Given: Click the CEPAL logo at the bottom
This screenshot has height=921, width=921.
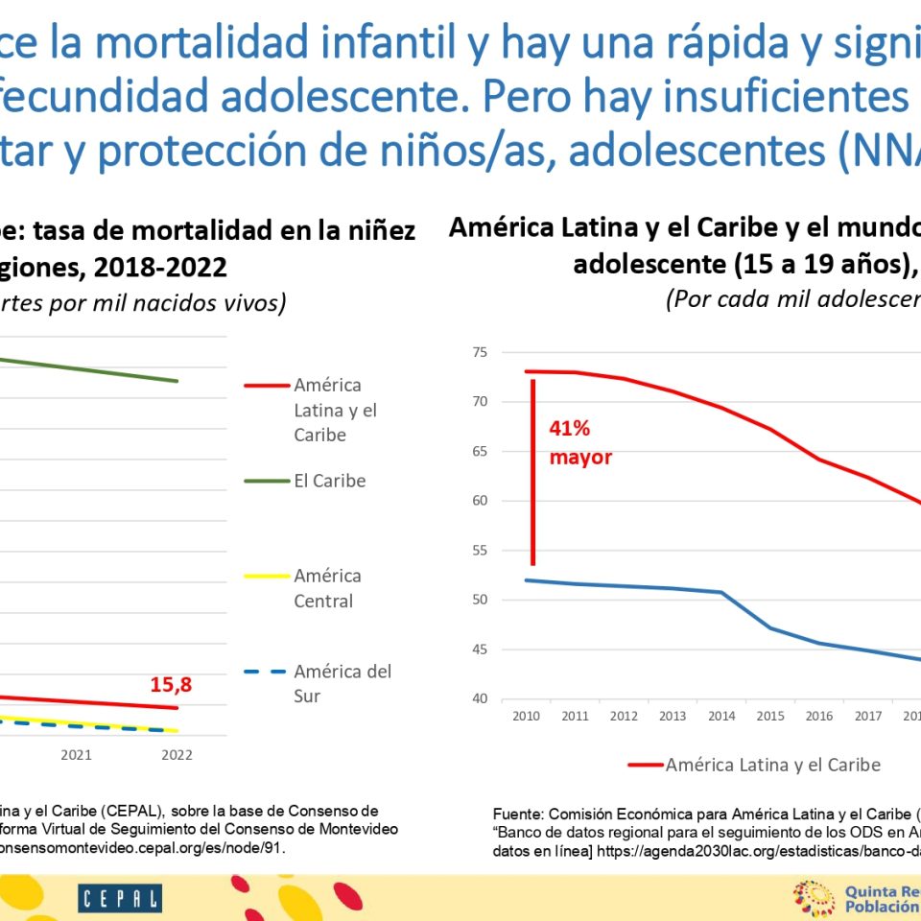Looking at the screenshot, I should click(x=120, y=899).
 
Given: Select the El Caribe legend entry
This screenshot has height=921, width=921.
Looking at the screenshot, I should click(x=329, y=481).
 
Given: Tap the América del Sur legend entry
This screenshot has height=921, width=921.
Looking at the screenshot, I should click(x=342, y=683).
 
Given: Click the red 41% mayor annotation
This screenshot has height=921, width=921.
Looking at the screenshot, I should click(x=579, y=443).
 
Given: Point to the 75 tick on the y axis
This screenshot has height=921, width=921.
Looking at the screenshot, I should click(x=480, y=352).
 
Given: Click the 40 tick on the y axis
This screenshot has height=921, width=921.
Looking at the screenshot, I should click(x=480, y=698).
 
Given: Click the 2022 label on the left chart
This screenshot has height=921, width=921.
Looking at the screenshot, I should click(x=177, y=755).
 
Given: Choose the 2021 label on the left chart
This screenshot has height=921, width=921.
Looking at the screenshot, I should click(x=77, y=755).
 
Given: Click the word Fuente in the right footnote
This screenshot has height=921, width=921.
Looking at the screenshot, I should click(x=519, y=813).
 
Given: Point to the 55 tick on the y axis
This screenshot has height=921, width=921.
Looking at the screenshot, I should click(x=480, y=551).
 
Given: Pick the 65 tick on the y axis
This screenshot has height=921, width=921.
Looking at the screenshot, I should click(x=480, y=451).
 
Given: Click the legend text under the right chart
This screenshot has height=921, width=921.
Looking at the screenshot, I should click(x=772, y=765).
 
